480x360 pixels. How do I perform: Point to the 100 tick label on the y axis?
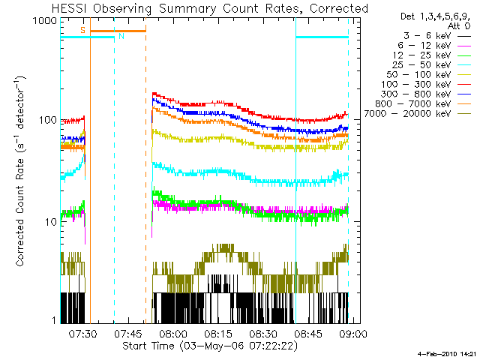pyautogui.click(x=49, y=121)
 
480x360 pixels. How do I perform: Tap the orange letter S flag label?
pyautogui.click(x=82, y=30)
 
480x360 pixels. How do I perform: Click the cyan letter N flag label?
pyautogui.click(x=121, y=36)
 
